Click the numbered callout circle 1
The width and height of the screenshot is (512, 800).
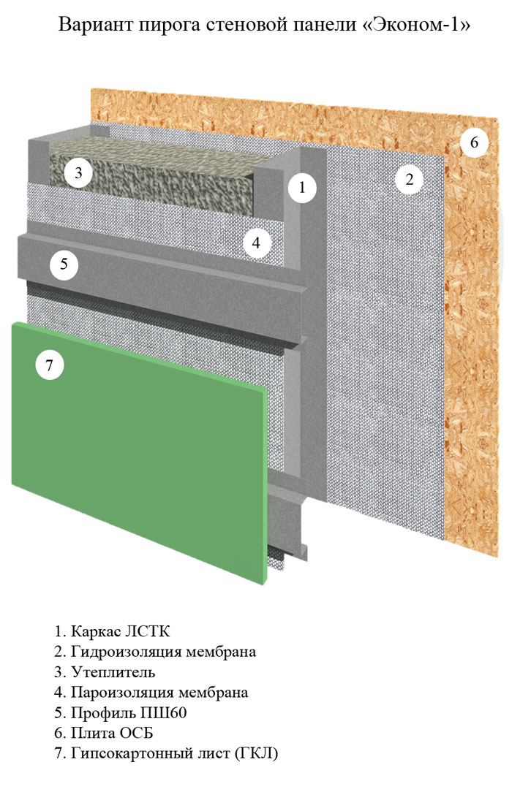[x=301, y=188]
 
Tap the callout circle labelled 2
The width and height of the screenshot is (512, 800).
[x=409, y=179]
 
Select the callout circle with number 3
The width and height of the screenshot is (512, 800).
[x=78, y=172]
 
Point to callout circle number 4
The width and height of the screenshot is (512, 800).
[x=256, y=242]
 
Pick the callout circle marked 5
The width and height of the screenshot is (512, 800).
[x=64, y=264]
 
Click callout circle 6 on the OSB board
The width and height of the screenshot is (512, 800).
[x=474, y=142]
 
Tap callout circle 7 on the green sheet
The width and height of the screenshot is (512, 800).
[x=49, y=365]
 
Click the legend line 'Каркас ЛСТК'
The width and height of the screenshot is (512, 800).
[x=112, y=631]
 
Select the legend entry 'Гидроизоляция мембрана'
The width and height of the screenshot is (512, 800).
[x=155, y=652]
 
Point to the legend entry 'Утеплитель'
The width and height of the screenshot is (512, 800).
[x=105, y=672]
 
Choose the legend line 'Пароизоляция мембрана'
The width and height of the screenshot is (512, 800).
[x=151, y=693]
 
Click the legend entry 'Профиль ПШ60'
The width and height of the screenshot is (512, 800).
[x=120, y=713]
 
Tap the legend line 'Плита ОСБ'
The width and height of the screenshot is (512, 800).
[x=103, y=734]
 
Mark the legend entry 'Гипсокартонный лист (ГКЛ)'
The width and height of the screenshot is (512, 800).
[x=166, y=753]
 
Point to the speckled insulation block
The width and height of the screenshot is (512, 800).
[x=154, y=173]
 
